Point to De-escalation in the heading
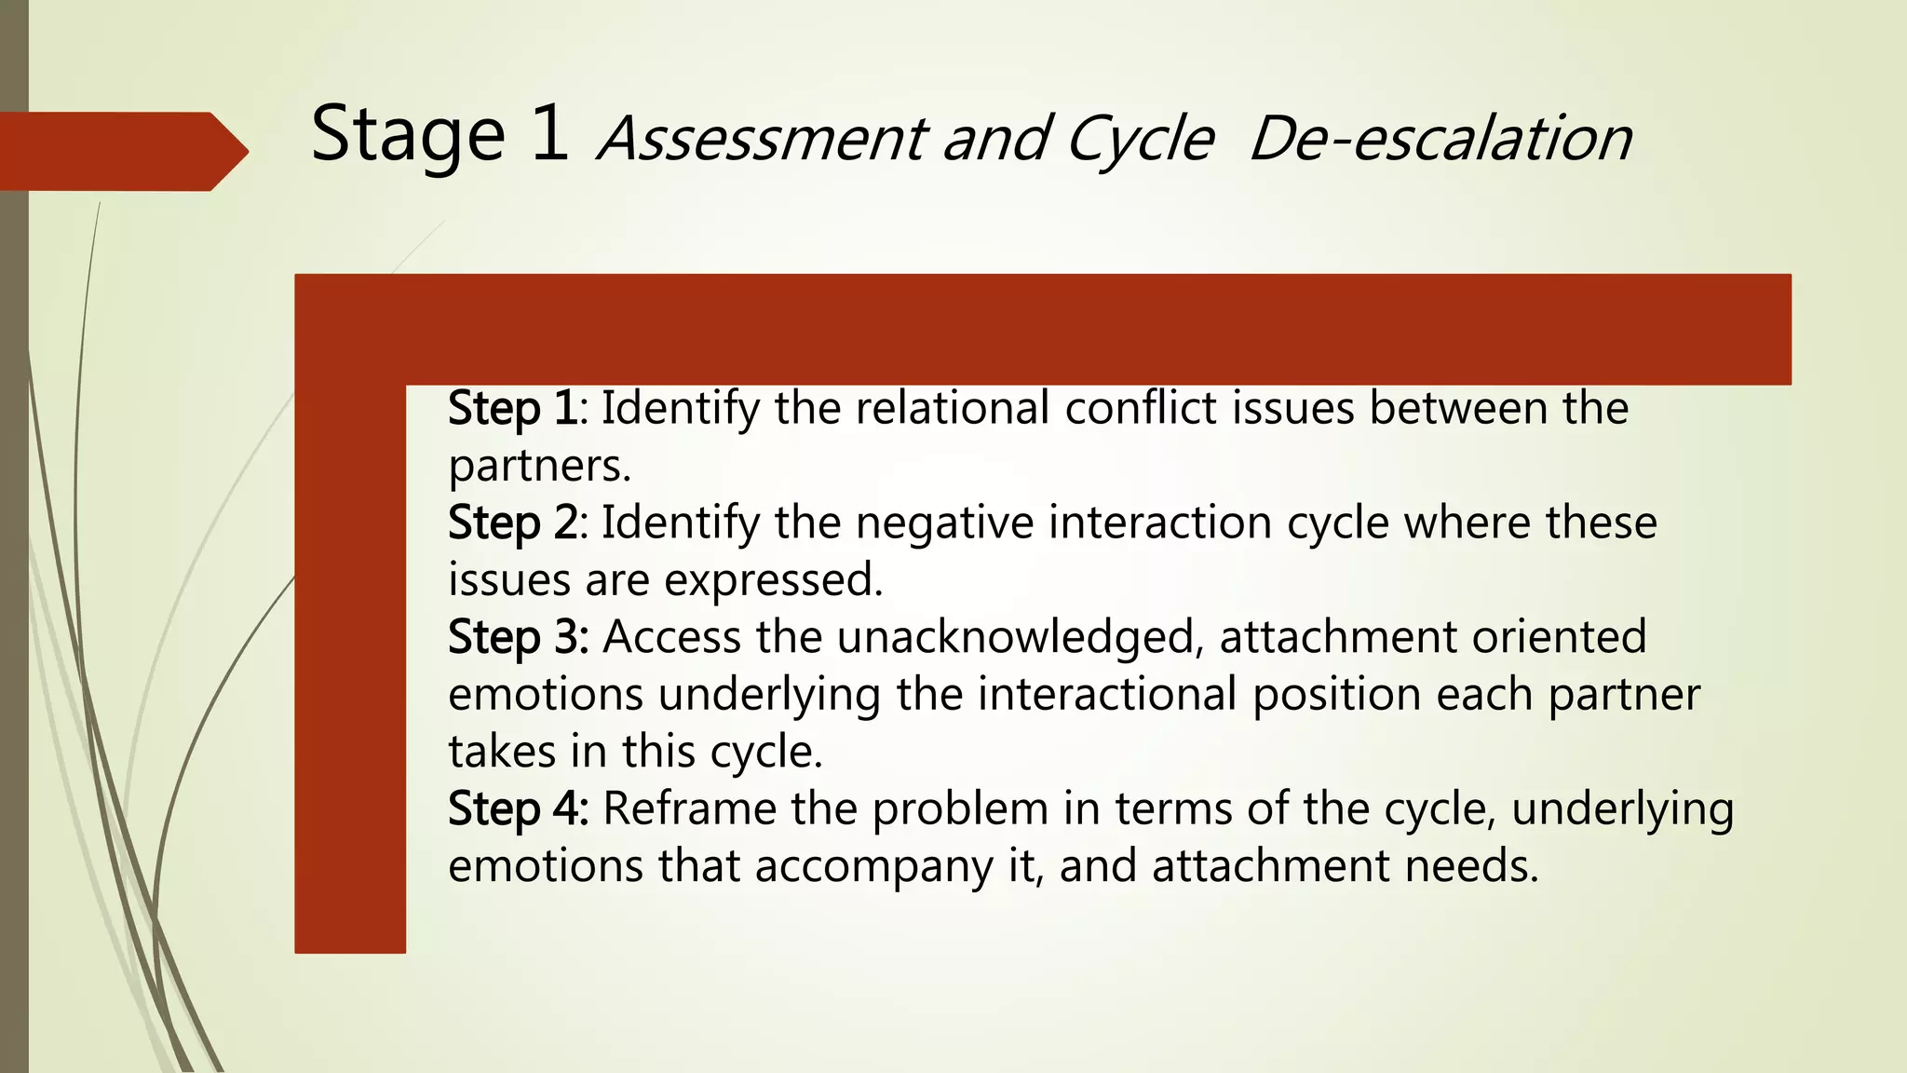1440,139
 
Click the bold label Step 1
512,409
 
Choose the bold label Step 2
512,523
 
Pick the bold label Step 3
516,638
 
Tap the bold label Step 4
516,809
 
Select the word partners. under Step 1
539,466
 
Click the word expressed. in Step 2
773,580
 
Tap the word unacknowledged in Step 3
1015,637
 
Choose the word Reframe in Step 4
689,808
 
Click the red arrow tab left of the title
121,151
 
